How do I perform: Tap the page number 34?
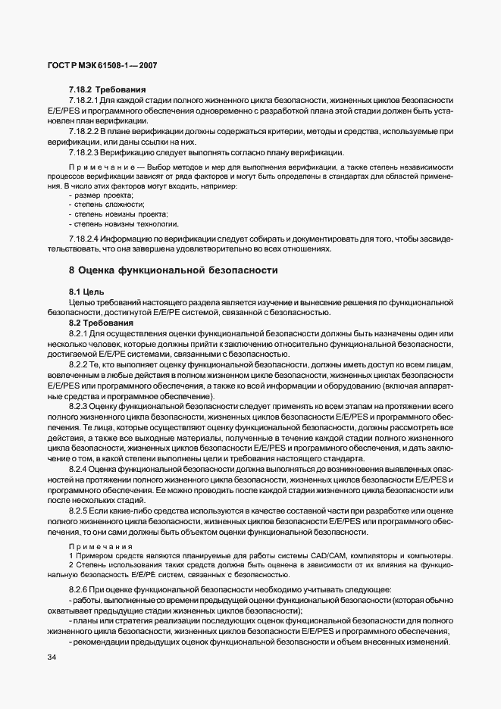point(52,659)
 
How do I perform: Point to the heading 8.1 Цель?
point(86,292)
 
